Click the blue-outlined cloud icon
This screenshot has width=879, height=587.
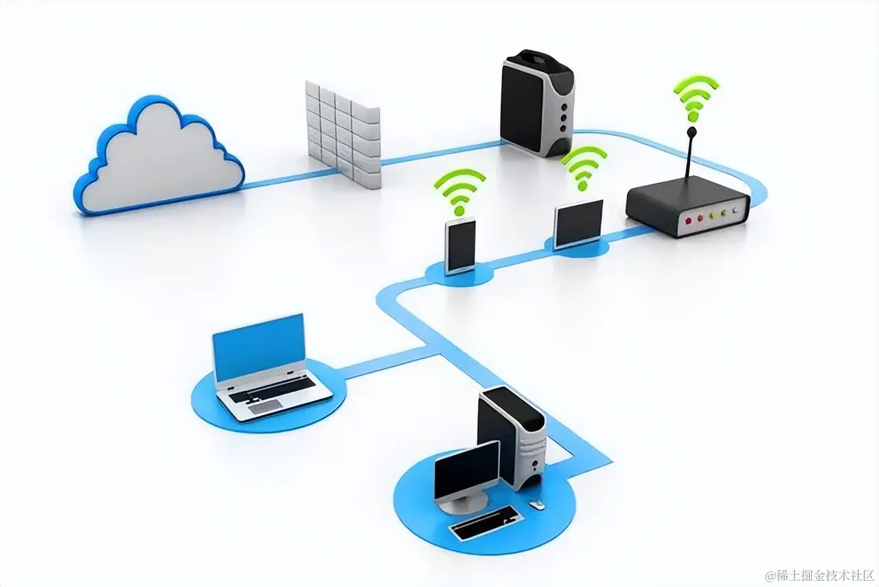[159, 157]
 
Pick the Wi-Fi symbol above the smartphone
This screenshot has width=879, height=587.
[459, 189]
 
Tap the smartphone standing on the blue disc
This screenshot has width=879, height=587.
[460, 245]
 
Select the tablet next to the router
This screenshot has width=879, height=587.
[578, 223]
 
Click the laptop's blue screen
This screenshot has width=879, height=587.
[259, 347]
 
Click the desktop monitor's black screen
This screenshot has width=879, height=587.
[467, 470]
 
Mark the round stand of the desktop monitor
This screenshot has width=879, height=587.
[458, 507]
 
